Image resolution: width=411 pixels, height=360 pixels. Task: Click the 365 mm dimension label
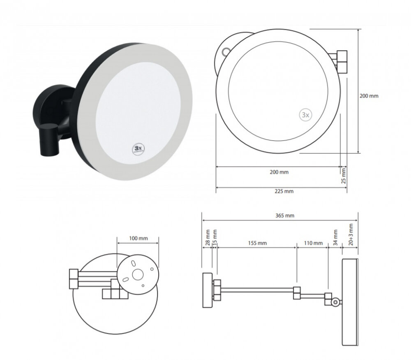tap(285, 216)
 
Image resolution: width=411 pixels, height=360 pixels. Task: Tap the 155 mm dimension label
tap(257, 243)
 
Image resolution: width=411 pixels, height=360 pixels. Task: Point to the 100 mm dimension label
tap(139, 238)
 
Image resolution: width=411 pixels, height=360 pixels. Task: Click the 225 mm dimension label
tap(284, 191)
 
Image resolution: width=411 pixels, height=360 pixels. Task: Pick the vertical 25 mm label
tap(344, 176)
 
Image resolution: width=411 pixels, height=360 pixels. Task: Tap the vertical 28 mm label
tap(208, 238)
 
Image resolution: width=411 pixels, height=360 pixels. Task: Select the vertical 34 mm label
tap(335, 238)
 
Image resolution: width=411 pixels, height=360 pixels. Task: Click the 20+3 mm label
tap(351, 235)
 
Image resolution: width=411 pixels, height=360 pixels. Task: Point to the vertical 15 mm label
tap(215, 238)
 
